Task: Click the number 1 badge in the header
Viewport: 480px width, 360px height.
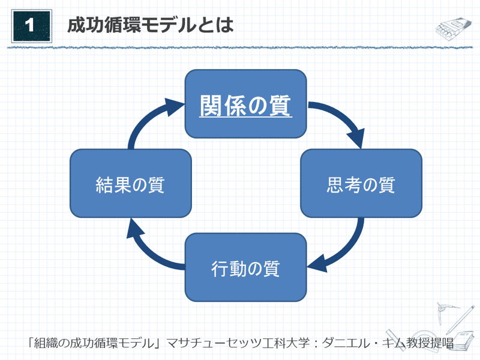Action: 32,26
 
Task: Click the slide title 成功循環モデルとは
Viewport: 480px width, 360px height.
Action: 151,25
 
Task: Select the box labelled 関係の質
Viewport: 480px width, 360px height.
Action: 245,104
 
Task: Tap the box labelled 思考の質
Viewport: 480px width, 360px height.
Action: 361,184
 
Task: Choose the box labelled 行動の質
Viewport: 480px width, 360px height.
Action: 245,267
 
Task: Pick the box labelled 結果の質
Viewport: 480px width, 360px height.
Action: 131,184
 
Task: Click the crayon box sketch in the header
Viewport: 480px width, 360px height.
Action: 453,28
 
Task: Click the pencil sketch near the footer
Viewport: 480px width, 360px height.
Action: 460,319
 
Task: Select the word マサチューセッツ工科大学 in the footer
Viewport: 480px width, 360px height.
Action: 238,343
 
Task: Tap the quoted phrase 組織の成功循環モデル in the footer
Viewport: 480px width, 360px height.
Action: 94,343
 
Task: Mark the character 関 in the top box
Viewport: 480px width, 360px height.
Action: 211,105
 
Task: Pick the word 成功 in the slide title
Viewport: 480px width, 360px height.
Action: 85,25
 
